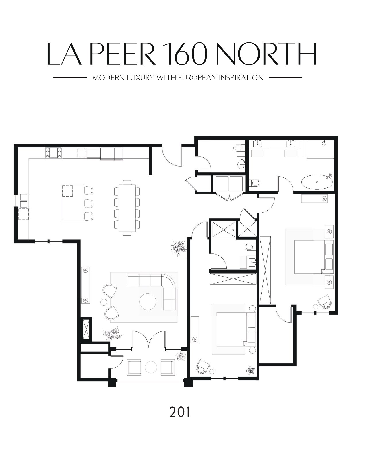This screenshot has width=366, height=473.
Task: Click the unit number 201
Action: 179,412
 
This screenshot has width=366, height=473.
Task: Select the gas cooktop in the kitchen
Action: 53,153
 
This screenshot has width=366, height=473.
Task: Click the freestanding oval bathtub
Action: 317,182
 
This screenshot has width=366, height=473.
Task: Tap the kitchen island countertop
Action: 73,204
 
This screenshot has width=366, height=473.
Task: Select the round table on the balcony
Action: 151,367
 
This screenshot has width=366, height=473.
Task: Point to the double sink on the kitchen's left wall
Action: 24,200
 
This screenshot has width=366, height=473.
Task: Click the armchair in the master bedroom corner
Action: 325,302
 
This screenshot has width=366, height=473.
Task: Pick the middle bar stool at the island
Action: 89,203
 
